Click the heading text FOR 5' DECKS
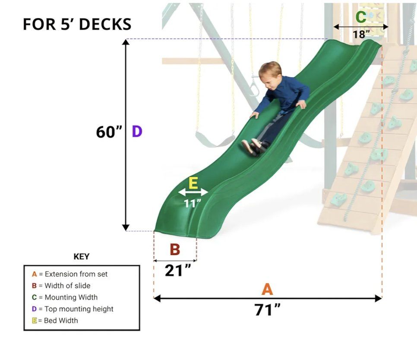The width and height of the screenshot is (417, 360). pyautogui.click(x=77, y=24)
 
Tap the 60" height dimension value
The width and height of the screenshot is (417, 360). pyautogui.click(x=109, y=132)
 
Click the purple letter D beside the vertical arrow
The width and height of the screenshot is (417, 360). pyautogui.click(x=137, y=132)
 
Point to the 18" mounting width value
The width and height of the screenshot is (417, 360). pyautogui.click(x=361, y=34)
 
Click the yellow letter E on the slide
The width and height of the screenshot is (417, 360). pyautogui.click(x=193, y=183)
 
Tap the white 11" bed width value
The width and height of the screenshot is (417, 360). pyautogui.click(x=192, y=203)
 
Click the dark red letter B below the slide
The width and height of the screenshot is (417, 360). pyautogui.click(x=175, y=249)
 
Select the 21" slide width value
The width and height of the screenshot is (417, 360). pyautogui.click(x=178, y=271)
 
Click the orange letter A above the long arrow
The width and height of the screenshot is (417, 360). pyautogui.click(x=267, y=289)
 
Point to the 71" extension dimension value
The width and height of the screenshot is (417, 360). pyautogui.click(x=267, y=310)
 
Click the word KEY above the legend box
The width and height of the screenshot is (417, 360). pyautogui.click(x=82, y=256)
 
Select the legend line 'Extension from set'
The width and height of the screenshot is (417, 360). pyautogui.click(x=69, y=274)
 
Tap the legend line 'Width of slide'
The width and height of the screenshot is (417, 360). pyautogui.click(x=61, y=286)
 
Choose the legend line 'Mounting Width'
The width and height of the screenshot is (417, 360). pyautogui.click(x=65, y=297)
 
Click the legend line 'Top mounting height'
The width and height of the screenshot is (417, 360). pyautogui.click(x=73, y=309)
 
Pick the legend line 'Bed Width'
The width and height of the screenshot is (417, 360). pyautogui.click(x=55, y=321)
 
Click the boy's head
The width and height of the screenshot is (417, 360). pyautogui.click(x=270, y=73)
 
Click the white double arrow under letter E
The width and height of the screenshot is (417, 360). pyautogui.click(x=193, y=192)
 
